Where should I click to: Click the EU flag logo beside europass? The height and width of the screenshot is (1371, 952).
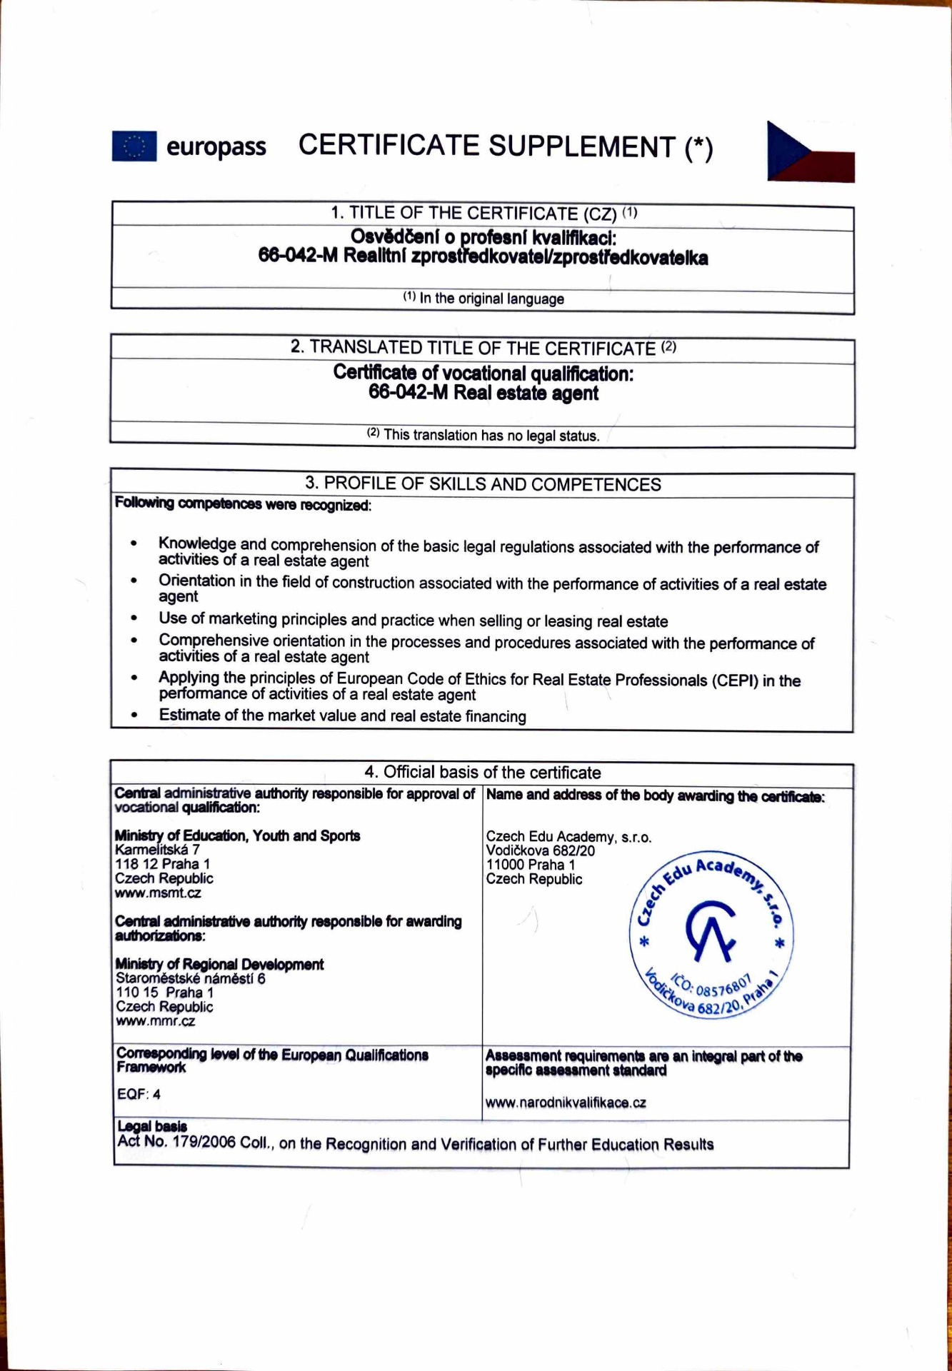[x=134, y=146]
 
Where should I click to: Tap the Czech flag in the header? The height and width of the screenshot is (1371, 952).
[x=810, y=152]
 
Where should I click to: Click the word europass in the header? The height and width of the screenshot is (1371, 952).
[x=216, y=147]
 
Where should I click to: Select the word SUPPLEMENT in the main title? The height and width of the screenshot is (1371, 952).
[x=581, y=146]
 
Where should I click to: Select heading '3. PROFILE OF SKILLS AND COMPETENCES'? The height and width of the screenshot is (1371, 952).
[x=483, y=484]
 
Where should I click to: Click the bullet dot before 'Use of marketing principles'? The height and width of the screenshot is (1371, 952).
[x=134, y=619]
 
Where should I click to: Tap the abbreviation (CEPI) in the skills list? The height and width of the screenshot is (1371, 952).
[x=734, y=681]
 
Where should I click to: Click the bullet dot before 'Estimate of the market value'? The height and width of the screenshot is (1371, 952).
[x=134, y=715]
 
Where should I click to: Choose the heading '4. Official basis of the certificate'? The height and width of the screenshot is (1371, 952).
[x=483, y=773]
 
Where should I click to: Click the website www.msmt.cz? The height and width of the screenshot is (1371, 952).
[x=158, y=893]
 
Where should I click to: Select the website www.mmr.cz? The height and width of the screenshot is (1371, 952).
[x=155, y=1022]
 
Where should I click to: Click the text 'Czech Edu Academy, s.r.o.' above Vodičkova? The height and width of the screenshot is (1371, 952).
[x=568, y=837]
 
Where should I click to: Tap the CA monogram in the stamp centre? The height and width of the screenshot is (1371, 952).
[x=710, y=930]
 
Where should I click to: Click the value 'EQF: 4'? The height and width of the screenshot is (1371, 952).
[x=139, y=1094]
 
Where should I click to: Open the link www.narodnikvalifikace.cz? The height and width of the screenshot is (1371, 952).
[x=566, y=1103]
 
